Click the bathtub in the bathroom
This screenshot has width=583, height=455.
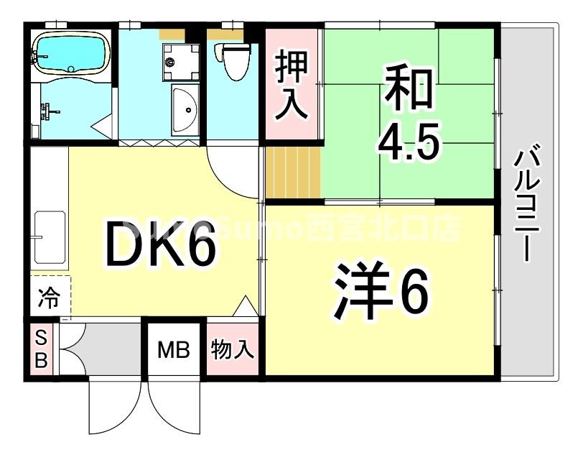coord(70,52)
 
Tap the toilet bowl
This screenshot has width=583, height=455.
coord(233,66)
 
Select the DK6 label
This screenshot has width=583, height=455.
coord(159,244)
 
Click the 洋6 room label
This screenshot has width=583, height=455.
coord(381,291)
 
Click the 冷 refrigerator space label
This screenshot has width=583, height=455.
coord(50,297)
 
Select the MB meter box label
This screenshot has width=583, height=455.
coord(173,351)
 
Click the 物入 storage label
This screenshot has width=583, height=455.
coord(231,351)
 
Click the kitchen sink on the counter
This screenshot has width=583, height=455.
coord(49,236)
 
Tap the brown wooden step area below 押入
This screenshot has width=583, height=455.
coord(291,172)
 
